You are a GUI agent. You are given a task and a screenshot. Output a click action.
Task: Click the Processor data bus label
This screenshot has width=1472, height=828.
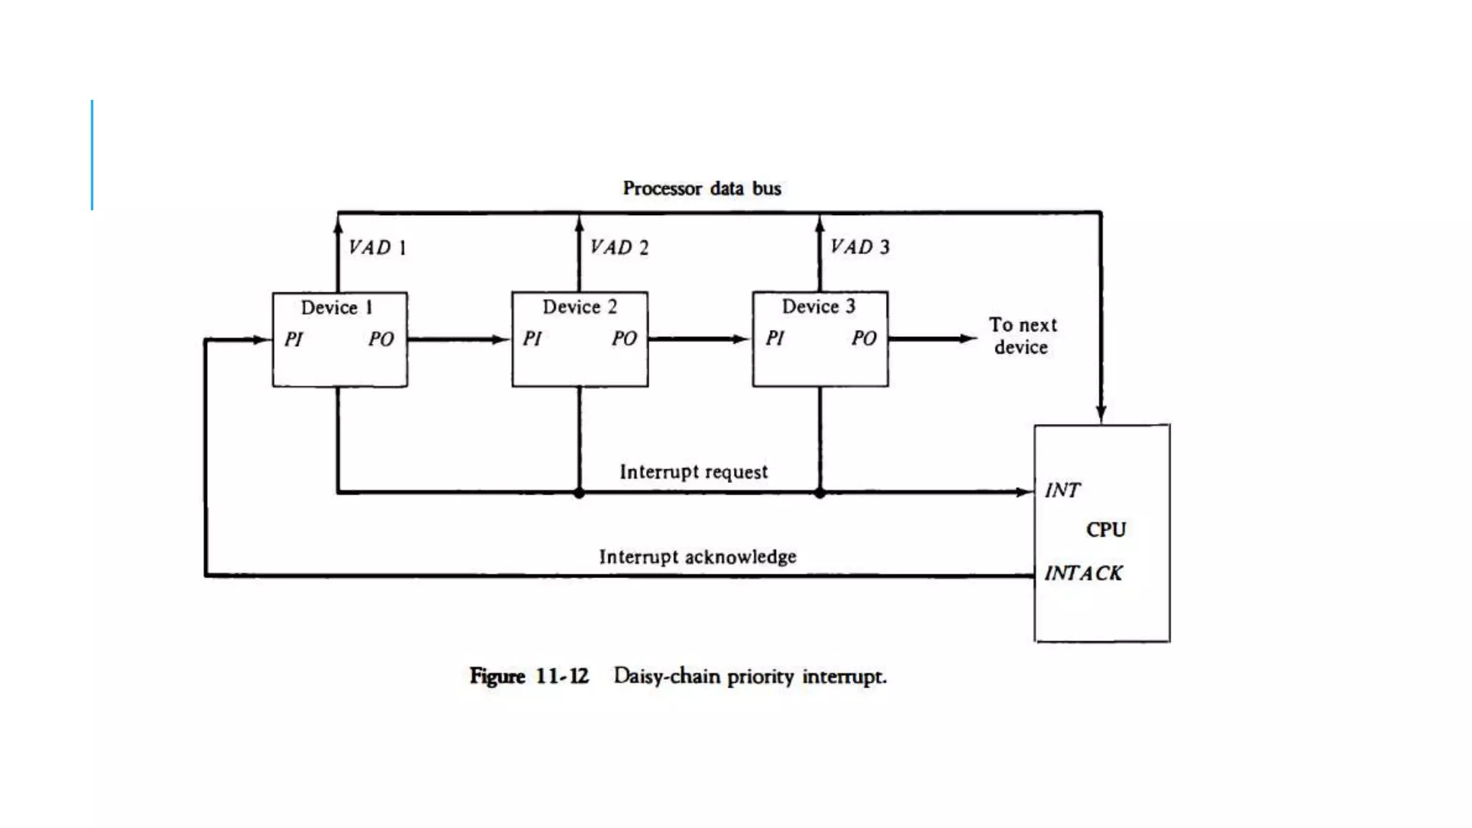click(x=701, y=188)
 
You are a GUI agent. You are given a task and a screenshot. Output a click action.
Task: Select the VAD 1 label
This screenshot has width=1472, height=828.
click(x=377, y=248)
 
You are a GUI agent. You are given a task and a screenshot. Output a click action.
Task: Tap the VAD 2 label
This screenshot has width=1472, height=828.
click(x=619, y=248)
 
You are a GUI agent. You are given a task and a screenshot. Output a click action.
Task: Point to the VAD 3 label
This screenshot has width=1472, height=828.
click(x=860, y=247)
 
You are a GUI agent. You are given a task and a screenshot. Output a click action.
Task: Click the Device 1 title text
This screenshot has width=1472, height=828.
click(x=336, y=308)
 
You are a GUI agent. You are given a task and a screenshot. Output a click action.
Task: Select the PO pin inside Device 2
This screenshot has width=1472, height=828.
click(x=624, y=339)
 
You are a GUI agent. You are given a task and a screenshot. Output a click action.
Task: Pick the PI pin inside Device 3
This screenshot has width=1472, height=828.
click(x=774, y=339)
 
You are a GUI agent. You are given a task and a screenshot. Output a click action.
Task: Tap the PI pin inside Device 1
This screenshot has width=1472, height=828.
click(x=293, y=339)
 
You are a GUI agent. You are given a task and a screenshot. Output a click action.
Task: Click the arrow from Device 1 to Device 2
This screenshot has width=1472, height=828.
click(x=459, y=339)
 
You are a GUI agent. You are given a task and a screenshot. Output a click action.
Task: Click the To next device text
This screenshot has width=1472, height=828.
click(x=1022, y=336)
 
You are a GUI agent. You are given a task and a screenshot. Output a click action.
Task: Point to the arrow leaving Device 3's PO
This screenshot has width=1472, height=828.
click(x=932, y=339)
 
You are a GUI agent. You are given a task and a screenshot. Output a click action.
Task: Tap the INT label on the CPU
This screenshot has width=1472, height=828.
click(x=1062, y=490)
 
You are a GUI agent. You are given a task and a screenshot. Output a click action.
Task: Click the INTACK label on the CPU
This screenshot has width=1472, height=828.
click(x=1082, y=574)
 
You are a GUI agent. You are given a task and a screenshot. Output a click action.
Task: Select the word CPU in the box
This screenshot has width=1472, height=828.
click(x=1105, y=530)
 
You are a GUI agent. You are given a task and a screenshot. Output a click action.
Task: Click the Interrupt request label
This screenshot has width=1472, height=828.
click(x=694, y=472)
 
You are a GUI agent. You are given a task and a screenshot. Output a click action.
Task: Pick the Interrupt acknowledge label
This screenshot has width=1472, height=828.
click(x=697, y=557)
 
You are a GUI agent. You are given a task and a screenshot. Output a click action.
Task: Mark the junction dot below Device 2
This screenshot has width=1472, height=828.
click(x=579, y=493)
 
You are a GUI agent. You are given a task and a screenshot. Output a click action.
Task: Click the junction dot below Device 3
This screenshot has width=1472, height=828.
click(x=820, y=493)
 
